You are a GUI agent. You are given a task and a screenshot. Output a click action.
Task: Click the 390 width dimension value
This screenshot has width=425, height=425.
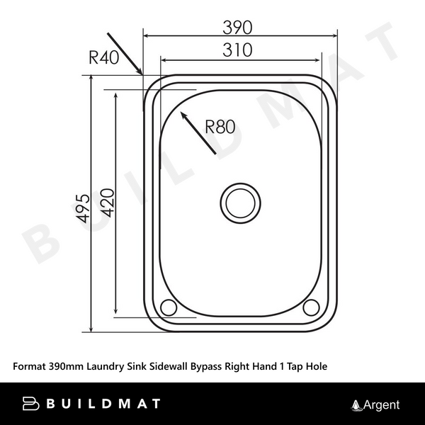click(238, 27)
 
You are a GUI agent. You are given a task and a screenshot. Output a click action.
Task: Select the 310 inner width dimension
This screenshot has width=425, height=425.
click(238, 51)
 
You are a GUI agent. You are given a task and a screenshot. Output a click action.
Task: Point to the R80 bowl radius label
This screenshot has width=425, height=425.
click(220, 127)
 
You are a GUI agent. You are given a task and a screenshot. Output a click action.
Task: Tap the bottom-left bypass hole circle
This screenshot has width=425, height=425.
click(169, 307)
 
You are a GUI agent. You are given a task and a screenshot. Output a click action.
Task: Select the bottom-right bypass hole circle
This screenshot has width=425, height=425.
click(311, 307)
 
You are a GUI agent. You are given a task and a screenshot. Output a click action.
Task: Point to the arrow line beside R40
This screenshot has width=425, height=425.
click(126, 54)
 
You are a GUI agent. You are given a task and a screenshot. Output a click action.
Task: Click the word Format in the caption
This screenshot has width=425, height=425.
click(29, 367)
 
